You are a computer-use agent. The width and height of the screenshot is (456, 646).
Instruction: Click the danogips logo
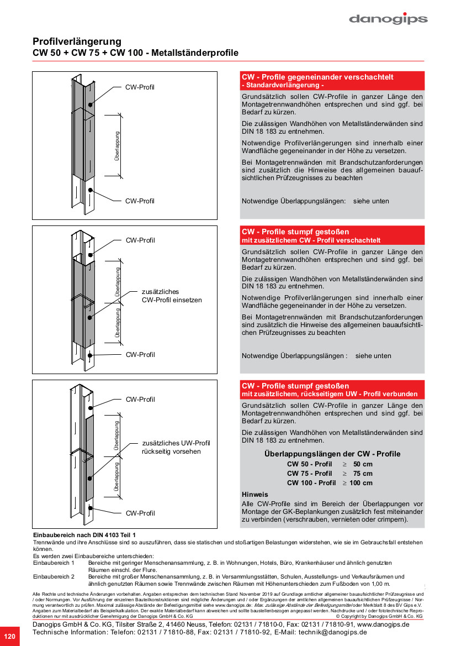tap(388, 19)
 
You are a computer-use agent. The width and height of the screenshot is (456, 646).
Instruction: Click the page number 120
tap(9, 636)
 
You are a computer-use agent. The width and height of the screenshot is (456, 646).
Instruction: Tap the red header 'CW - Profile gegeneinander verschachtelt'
tap(317, 77)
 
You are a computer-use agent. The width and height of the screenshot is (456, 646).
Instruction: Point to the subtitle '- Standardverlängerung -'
tap(283, 86)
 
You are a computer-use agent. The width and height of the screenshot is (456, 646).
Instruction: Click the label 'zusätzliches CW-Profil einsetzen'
tap(172, 296)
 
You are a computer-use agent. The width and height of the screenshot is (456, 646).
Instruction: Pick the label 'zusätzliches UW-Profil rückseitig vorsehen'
tap(176, 447)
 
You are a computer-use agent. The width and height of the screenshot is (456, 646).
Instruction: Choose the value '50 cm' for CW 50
tap(363, 464)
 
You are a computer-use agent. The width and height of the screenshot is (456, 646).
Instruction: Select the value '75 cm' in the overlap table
tap(363, 474)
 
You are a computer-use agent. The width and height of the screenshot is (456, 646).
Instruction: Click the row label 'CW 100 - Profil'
tap(311, 483)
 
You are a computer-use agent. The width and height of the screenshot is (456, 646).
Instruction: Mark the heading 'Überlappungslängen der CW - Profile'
tap(332, 454)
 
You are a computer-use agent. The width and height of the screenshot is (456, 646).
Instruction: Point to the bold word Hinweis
tap(255, 495)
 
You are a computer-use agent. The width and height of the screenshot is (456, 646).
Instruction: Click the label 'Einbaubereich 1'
tap(54, 563)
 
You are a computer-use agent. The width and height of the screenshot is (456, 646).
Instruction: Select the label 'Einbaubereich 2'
tap(54, 576)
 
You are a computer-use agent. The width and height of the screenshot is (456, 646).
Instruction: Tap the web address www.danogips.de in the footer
tap(383, 624)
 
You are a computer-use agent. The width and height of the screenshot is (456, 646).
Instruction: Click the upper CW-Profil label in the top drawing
tap(140, 87)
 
